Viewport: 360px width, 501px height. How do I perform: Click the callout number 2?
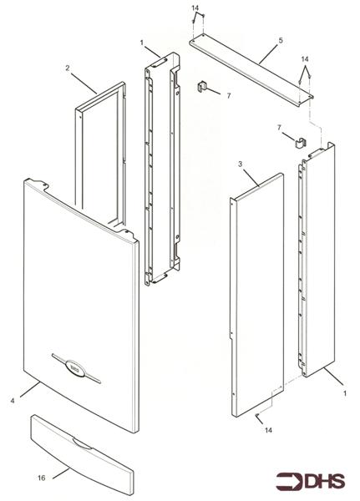pyautogui.click(x=68, y=68)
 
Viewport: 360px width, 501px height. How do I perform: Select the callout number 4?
pyautogui.click(x=13, y=401)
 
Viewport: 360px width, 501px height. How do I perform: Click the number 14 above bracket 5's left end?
pyautogui.click(x=195, y=8)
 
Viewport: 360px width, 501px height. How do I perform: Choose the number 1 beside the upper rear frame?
pyautogui.click(x=143, y=42)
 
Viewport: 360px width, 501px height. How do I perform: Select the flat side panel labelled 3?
pyautogui.click(x=257, y=296)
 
